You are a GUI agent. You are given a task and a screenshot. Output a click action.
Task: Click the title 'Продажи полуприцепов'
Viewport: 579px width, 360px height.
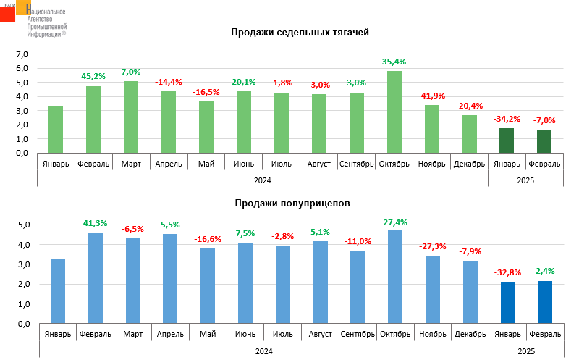click(x=292, y=204)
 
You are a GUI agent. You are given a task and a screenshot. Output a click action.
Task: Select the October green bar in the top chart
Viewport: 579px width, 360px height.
click(x=394, y=112)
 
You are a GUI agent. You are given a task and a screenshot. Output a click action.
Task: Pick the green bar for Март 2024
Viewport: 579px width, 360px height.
click(x=131, y=117)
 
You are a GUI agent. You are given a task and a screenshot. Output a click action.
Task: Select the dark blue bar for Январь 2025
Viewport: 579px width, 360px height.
click(x=507, y=302)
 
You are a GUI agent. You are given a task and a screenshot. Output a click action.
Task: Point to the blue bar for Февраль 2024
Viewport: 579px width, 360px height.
click(x=96, y=277)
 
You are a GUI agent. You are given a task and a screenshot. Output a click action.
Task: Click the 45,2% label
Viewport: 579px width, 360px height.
click(x=93, y=75)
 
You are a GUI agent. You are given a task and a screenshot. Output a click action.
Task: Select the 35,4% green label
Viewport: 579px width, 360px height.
click(x=394, y=62)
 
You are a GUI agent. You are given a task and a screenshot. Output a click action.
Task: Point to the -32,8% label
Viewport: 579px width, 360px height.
click(x=507, y=272)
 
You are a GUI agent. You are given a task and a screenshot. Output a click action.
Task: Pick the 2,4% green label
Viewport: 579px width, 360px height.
click(x=544, y=271)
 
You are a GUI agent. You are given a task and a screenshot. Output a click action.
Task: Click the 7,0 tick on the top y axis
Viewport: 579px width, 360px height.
click(x=21, y=54)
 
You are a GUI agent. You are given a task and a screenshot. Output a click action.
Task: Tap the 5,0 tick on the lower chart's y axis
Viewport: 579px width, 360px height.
click(x=21, y=225)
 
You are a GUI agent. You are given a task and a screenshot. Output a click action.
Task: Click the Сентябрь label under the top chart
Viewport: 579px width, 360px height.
click(x=357, y=164)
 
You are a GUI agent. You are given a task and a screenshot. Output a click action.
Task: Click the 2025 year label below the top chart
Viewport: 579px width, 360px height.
click(x=525, y=180)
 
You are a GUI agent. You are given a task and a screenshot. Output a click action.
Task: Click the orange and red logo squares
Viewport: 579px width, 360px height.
click(x=16, y=10)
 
